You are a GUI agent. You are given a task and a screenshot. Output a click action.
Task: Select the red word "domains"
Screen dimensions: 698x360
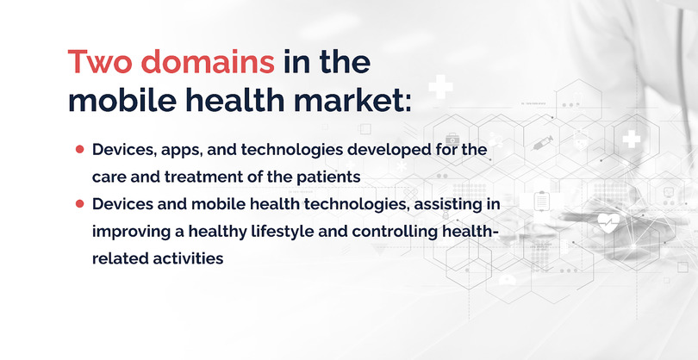pyautogui.click(x=208, y=62)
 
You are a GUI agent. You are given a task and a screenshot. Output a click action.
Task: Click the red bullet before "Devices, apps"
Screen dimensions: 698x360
pyautogui.click(x=79, y=149)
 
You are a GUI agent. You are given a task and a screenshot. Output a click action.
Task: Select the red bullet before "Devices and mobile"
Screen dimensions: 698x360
pyautogui.click(x=79, y=204)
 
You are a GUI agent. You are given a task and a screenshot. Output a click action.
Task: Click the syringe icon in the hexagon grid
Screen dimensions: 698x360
pyautogui.click(x=542, y=142)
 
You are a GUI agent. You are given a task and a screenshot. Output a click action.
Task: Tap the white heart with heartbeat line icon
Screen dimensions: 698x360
pyautogui.click(x=608, y=221)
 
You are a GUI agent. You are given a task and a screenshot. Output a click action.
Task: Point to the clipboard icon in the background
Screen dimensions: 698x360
pyautogui.click(x=542, y=200)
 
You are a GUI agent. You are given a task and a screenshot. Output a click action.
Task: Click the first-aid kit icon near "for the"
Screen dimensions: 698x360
pyautogui.click(x=451, y=139)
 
